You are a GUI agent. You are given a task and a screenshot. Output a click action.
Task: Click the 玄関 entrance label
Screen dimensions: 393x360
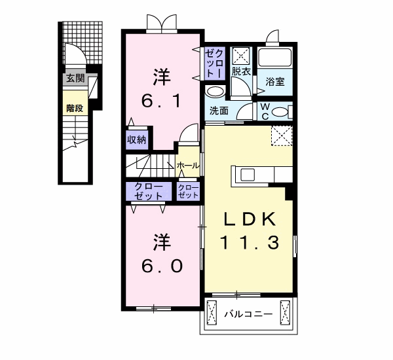coord(75,79)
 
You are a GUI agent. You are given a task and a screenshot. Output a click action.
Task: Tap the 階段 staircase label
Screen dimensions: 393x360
coord(75,108)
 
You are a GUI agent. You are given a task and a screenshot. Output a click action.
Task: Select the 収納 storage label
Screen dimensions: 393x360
coord(136,139)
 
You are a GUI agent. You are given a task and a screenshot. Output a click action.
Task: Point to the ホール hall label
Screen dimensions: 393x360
coord(188,166)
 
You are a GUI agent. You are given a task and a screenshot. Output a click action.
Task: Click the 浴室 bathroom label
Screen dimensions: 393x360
coord(275,82)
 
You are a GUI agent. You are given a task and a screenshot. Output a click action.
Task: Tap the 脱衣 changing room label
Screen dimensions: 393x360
coord(241,71)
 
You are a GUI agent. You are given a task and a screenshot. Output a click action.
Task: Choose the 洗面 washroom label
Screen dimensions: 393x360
coord(219,111)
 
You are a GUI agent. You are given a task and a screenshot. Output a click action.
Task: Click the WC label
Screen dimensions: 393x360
coord(265,111)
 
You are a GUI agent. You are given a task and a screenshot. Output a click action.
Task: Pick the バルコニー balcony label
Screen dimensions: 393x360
coord(248,314)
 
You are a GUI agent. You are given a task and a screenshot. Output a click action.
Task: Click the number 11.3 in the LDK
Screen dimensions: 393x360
coord(250,242)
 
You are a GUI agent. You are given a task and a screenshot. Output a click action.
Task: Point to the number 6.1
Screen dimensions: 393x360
coord(160,101)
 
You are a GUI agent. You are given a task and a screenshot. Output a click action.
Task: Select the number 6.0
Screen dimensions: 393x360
coord(162,266)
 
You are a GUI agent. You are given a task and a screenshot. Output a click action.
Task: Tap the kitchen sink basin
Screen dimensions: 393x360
coord(248,174)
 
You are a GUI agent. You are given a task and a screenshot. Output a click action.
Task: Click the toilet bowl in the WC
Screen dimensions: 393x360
coord(280,112)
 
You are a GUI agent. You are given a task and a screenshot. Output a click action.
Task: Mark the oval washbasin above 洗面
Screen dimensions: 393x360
coord(215,92)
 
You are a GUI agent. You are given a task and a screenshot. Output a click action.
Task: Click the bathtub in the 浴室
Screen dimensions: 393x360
coord(274,58)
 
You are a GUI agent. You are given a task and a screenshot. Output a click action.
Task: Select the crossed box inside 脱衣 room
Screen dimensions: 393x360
coord(240,56)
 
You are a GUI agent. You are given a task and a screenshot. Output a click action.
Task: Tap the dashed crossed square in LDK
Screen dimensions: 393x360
coord(282,135)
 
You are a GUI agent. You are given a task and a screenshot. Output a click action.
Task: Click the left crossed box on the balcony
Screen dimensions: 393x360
coord(212,313)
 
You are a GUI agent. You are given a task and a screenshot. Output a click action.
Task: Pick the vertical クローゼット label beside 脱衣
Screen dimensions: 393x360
coord(214,63)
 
